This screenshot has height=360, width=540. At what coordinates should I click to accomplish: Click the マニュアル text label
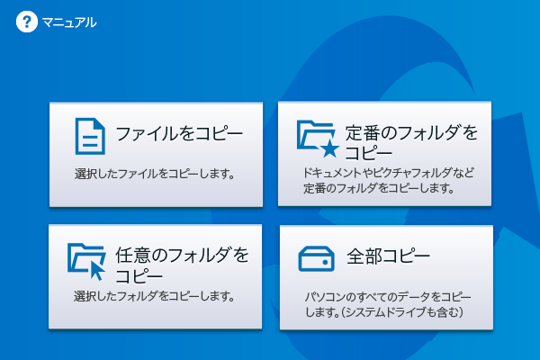[69, 22]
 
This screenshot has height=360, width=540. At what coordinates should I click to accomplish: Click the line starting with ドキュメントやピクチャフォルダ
[389, 173]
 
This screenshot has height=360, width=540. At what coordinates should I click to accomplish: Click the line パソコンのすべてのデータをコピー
[388, 296]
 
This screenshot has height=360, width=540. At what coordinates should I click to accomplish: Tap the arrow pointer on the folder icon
[98, 268]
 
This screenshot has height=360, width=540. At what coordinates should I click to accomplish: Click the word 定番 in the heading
[364, 134]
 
